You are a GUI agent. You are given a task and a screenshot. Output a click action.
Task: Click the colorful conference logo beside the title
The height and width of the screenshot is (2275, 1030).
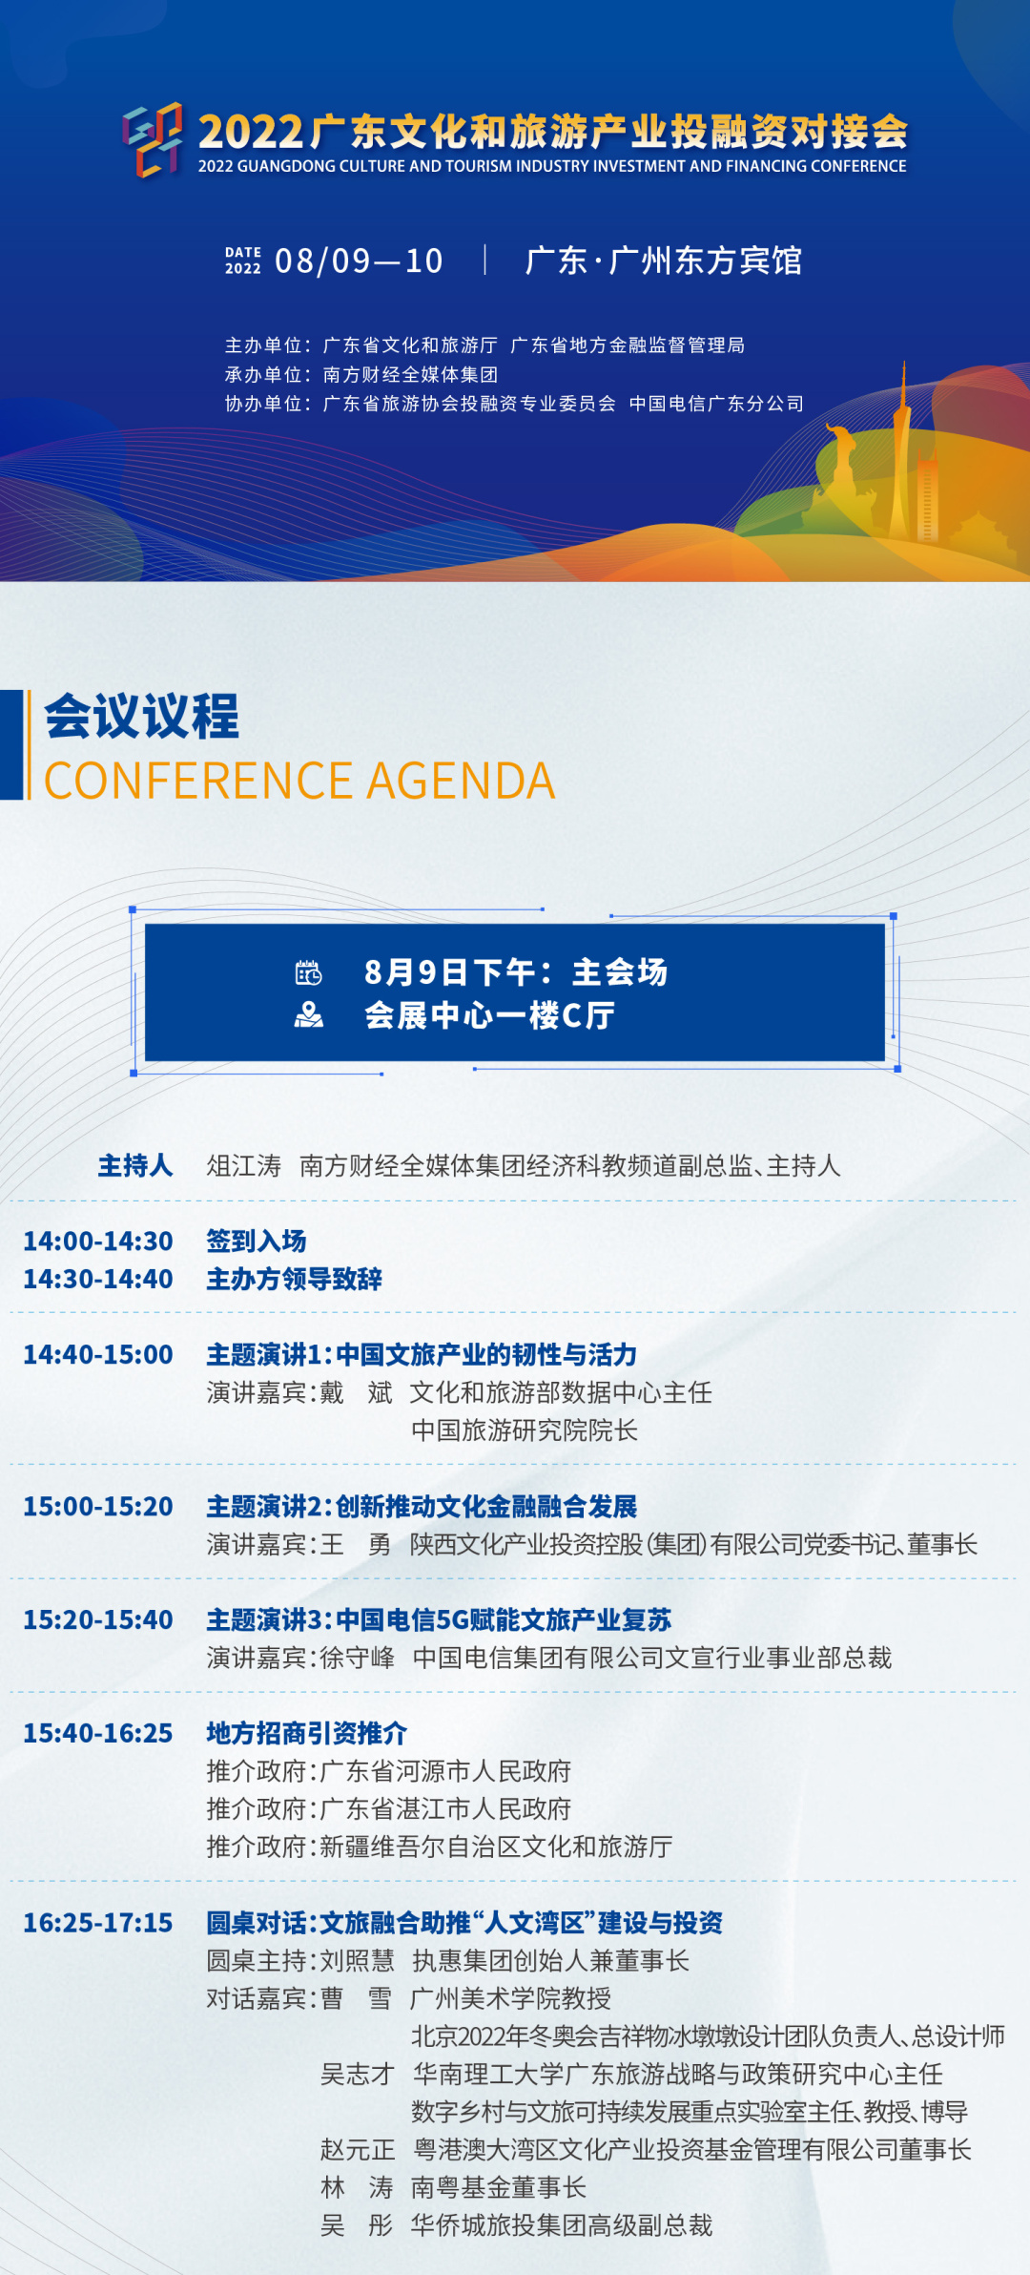(x=153, y=139)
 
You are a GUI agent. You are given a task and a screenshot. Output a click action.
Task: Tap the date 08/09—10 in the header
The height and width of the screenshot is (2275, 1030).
(x=359, y=261)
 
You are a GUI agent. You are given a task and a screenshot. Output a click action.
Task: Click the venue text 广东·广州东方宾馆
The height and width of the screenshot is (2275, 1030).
(x=664, y=261)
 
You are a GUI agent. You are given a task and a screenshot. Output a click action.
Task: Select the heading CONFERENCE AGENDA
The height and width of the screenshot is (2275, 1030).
(x=299, y=781)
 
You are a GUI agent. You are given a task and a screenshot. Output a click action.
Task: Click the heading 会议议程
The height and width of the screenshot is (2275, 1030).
(x=142, y=716)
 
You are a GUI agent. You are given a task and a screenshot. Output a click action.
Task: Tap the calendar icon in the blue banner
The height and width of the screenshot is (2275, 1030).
(x=308, y=972)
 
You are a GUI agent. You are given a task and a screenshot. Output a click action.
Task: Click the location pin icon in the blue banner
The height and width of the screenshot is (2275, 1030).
(x=308, y=1014)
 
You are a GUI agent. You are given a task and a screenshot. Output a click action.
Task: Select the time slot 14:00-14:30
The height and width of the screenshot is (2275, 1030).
(x=98, y=1241)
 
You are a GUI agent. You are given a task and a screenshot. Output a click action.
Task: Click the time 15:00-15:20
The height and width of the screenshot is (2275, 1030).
(x=98, y=1506)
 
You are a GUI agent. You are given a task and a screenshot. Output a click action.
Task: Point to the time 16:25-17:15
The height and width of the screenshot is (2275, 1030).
(x=98, y=1922)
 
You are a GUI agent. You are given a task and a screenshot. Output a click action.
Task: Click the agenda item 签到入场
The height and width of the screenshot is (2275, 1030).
(x=257, y=1241)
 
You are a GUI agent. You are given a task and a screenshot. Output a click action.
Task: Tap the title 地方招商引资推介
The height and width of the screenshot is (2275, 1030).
(x=307, y=1733)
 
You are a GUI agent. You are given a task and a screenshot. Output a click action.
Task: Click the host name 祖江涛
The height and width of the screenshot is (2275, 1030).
(x=244, y=1165)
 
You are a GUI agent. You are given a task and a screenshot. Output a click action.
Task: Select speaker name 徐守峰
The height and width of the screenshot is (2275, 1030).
(x=358, y=1658)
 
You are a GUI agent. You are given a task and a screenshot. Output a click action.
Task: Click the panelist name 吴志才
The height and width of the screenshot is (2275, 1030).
(x=358, y=2074)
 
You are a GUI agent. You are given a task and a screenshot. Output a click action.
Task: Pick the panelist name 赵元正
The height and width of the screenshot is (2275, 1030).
(x=358, y=2149)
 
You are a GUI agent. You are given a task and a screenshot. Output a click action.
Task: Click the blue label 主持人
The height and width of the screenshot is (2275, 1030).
(x=135, y=1165)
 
